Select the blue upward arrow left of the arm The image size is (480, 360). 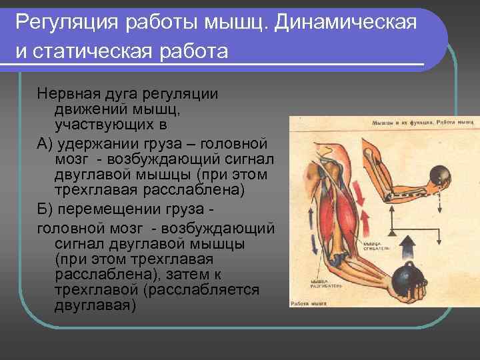click(309, 223)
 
